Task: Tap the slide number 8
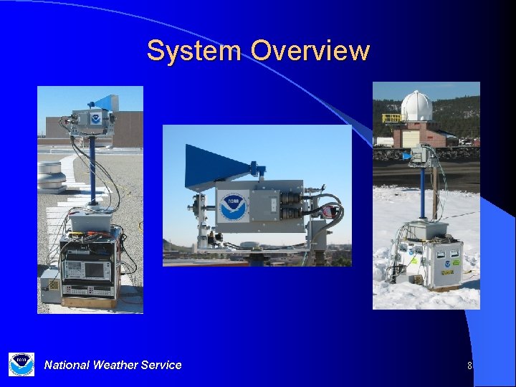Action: coord(469,365)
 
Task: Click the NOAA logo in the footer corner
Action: coord(21,364)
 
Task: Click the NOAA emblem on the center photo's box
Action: coord(234,206)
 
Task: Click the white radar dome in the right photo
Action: coord(416,106)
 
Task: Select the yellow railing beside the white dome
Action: coord(391,117)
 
